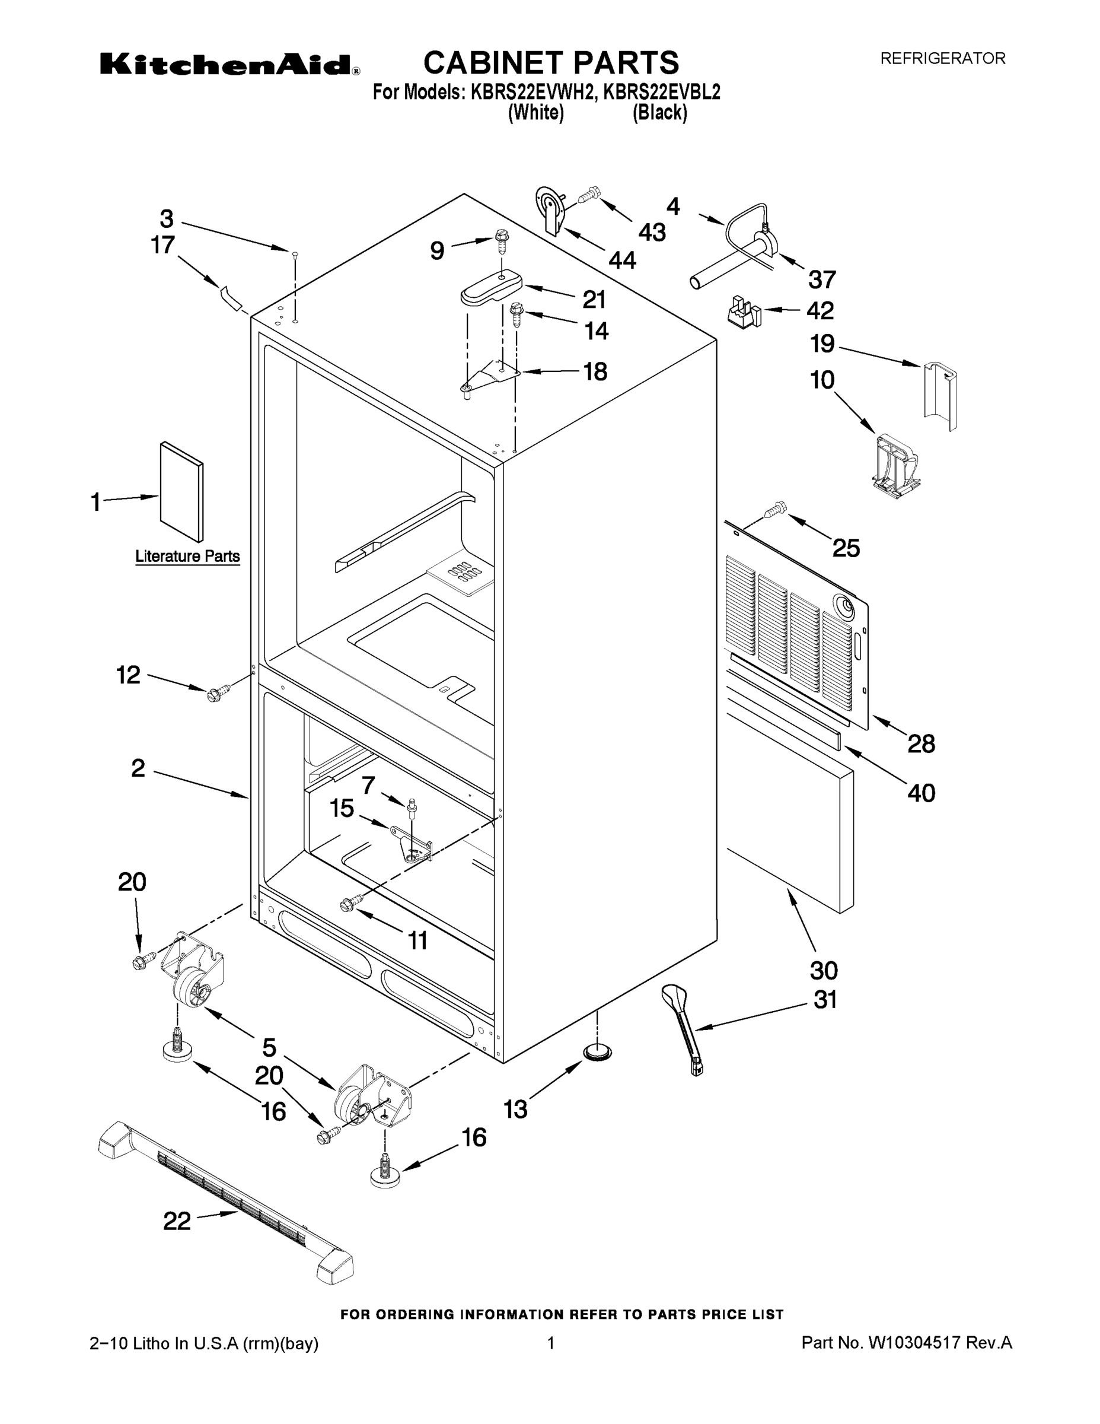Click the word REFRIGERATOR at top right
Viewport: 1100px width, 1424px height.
tap(942, 59)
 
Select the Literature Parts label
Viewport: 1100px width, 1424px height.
tap(187, 556)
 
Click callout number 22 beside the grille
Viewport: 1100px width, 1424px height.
tap(177, 1220)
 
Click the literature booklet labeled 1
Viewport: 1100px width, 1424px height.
tap(182, 492)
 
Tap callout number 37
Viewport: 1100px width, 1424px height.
tap(822, 279)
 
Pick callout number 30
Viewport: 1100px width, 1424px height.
tap(823, 970)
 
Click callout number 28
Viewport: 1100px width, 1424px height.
tap(921, 743)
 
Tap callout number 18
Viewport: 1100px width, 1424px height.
tap(595, 371)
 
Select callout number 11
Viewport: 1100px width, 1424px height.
tap(417, 940)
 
